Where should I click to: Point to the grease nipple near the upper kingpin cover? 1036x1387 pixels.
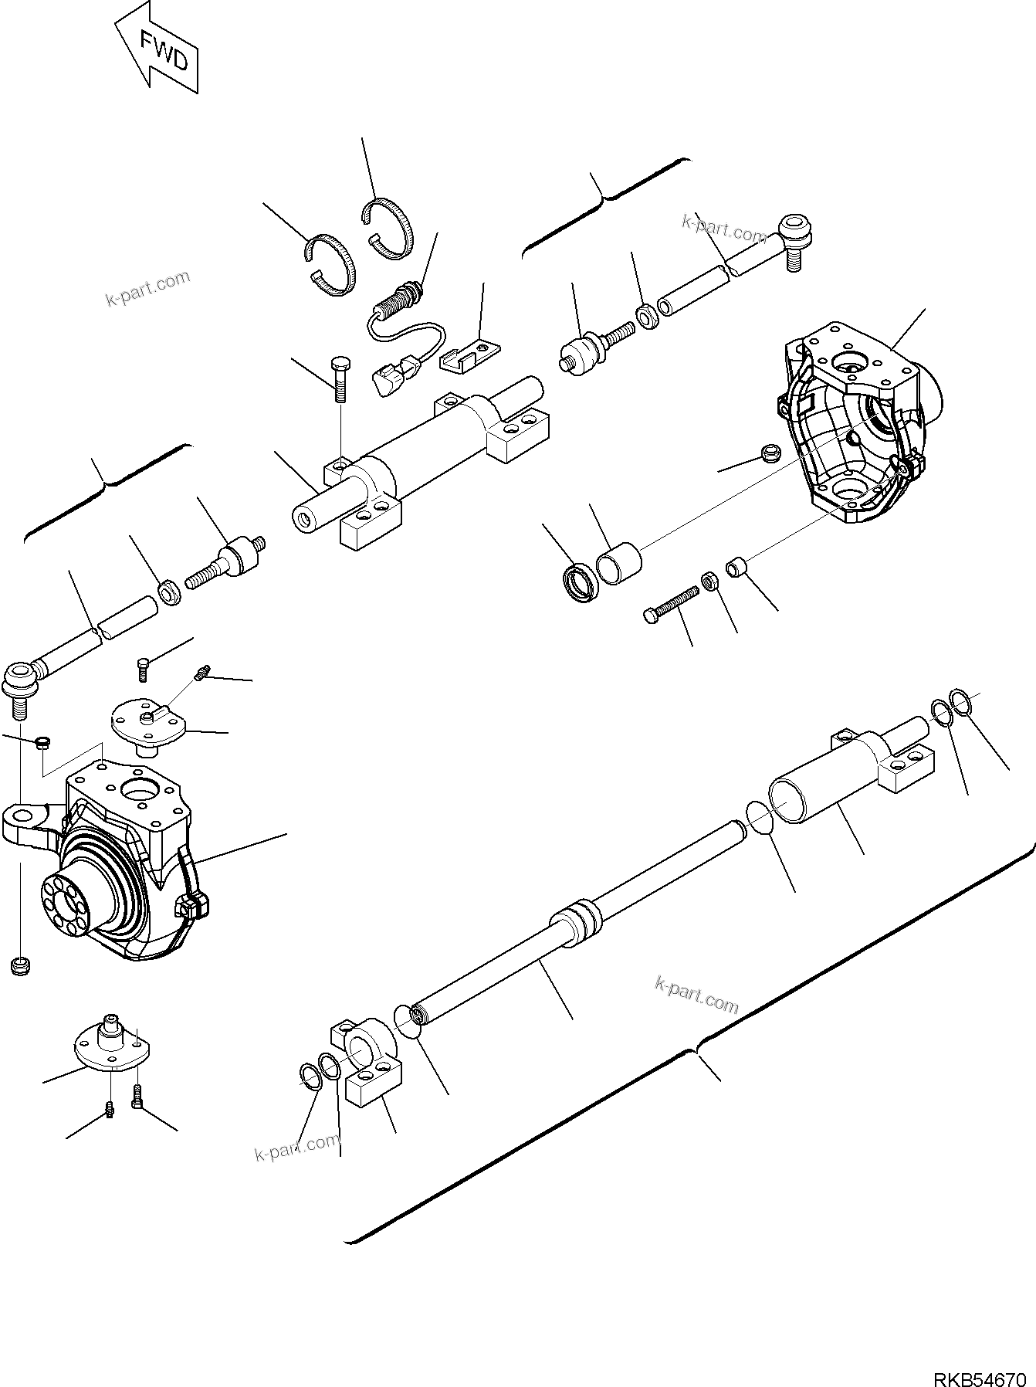[x=202, y=674]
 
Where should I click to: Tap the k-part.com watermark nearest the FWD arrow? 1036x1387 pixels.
[x=147, y=288]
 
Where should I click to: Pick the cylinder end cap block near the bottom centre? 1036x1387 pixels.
[x=369, y=1064]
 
